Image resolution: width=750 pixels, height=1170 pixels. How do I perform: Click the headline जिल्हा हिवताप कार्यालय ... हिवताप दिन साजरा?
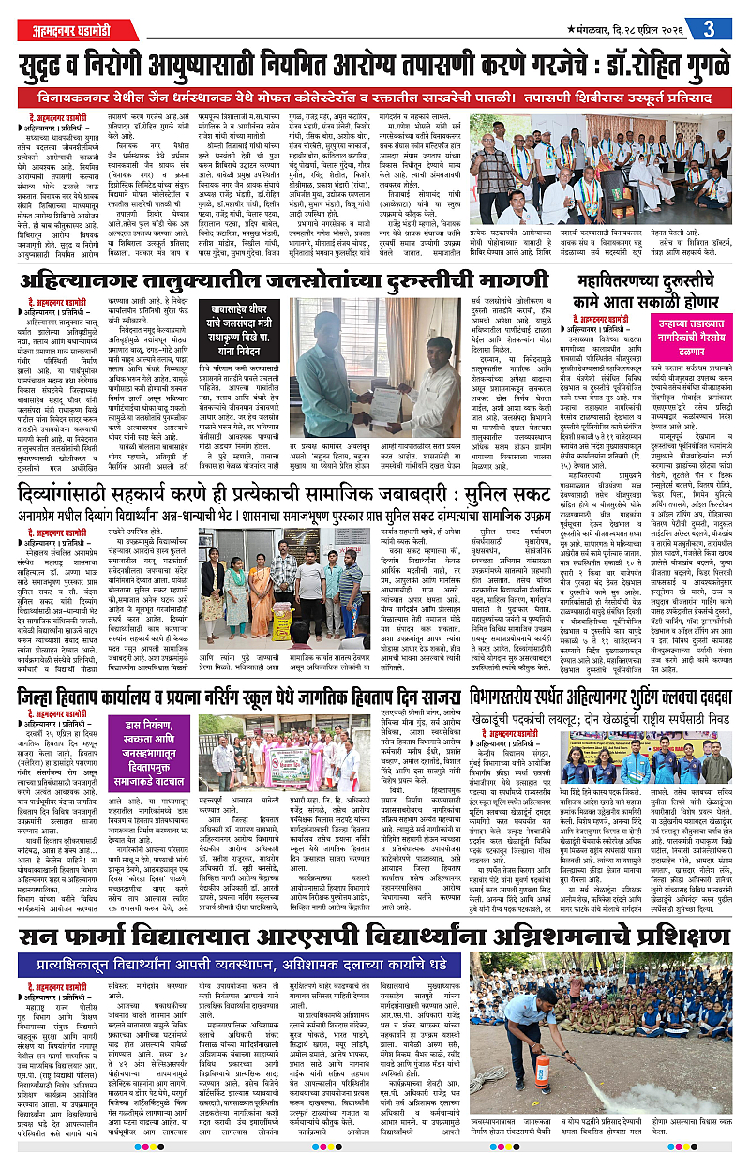coord(234,697)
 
